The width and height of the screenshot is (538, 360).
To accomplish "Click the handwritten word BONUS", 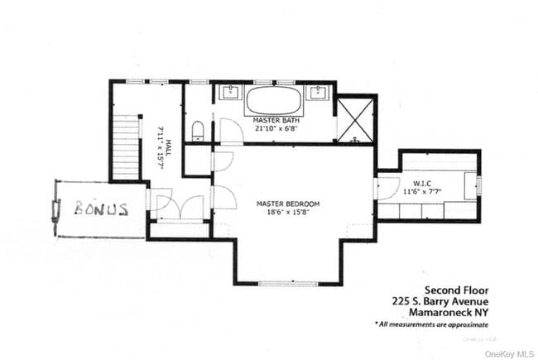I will (x=101, y=209).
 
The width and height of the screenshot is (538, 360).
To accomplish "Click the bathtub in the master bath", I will (x=274, y=102).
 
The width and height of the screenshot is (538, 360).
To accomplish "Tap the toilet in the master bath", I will (x=197, y=130).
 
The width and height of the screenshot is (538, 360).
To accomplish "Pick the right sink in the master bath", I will (x=316, y=94).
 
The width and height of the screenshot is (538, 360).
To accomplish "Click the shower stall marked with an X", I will (x=357, y=121).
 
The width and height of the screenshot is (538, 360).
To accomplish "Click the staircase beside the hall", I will (x=126, y=147).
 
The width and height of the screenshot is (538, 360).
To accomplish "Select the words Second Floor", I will (x=456, y=290).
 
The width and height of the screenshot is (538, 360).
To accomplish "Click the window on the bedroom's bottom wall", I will (x=287, y=284).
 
